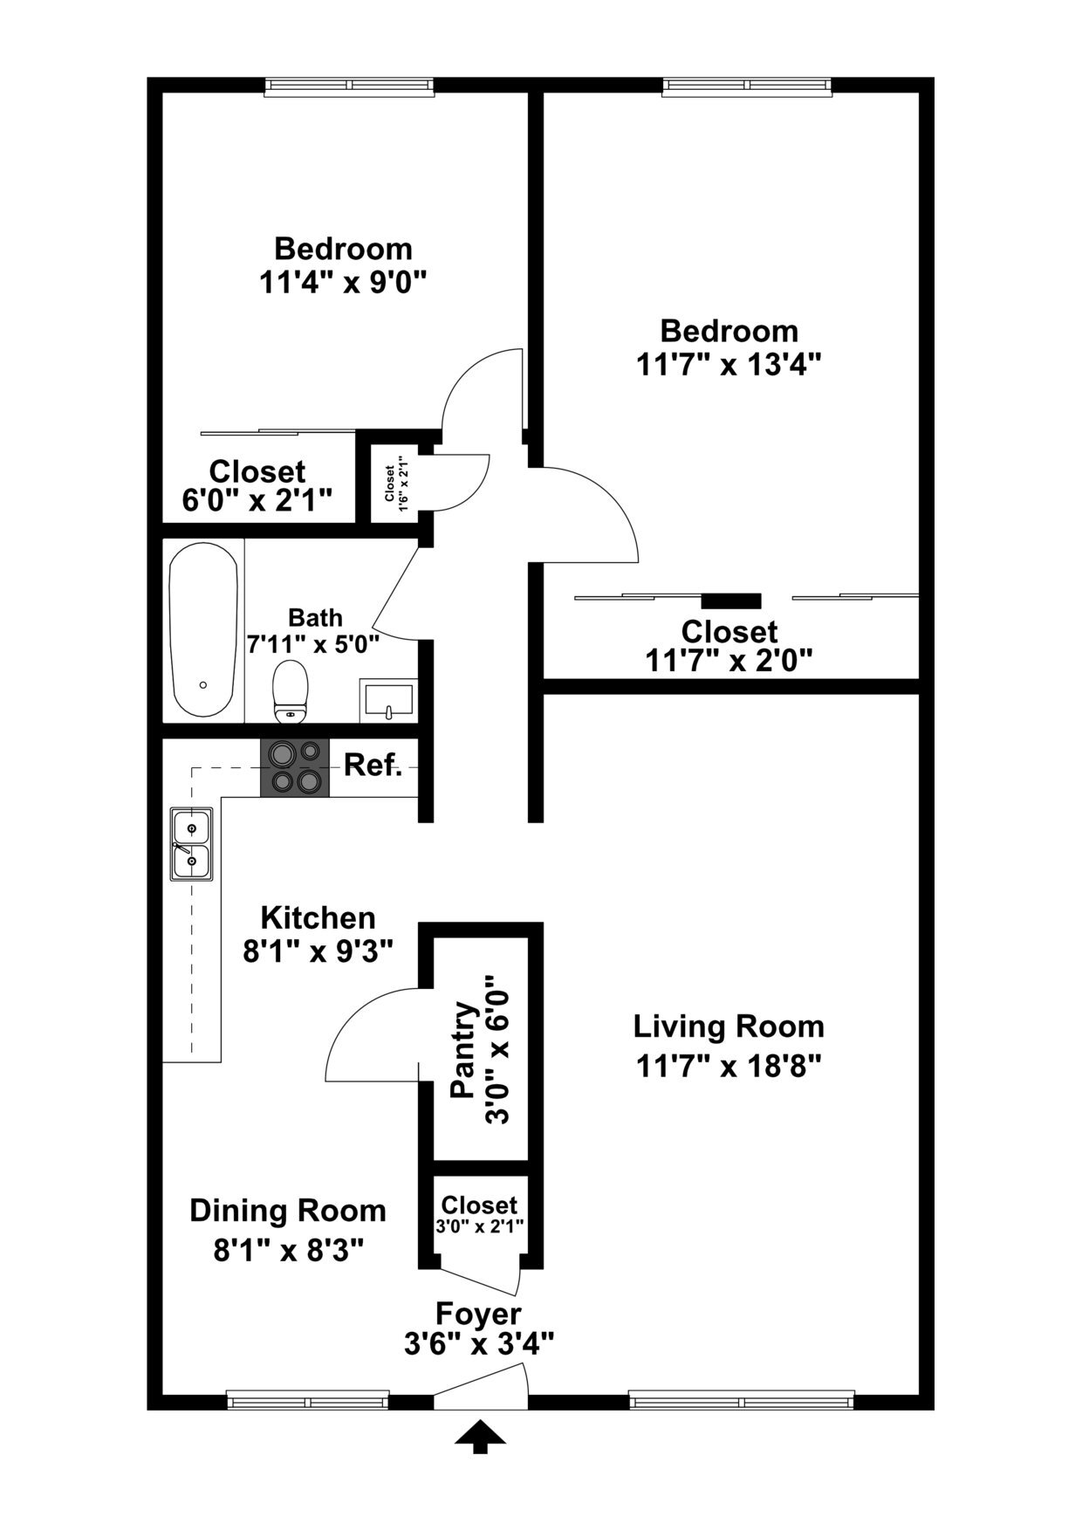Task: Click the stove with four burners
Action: coord(295,767)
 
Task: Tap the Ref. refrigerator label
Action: coord(373,765)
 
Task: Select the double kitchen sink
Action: coord(192,843)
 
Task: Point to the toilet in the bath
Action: coord(291,691)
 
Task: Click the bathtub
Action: coord(203,630)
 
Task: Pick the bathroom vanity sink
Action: coord(388,700)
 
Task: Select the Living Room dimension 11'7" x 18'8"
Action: coord(729,1066)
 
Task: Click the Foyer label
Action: coord(478,1313)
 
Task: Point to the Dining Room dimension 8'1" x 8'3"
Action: coord(288,1250)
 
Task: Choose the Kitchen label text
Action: coord(318,917)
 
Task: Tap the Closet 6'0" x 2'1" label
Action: coord(257,471)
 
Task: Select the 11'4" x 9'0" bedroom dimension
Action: coord(342,282)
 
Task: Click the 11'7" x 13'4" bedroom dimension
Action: coord(729,363)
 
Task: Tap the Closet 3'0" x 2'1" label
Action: coord(479,1205)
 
